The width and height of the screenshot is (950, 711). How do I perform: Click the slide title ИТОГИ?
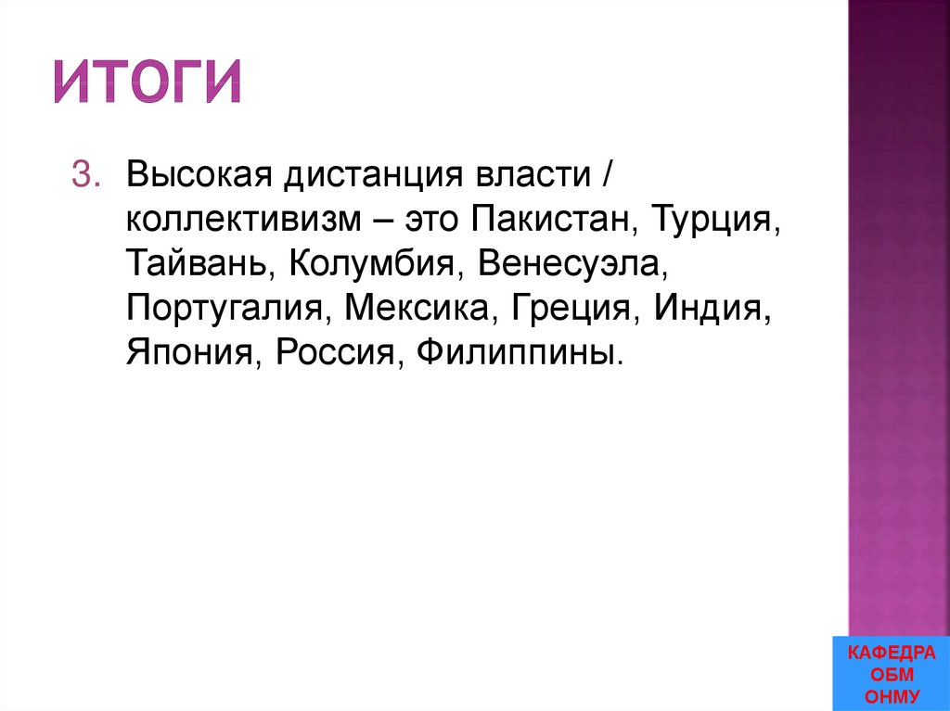pos(147,81)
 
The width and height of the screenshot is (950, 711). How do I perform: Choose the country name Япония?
pos(189,353)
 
